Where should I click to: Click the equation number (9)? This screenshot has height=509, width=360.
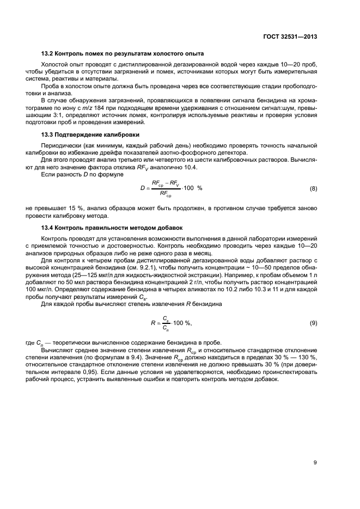tap(313, 323)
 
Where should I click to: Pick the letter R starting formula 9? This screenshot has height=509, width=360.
tap(154, 323)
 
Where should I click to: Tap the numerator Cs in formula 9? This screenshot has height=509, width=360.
tap(166, 318)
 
